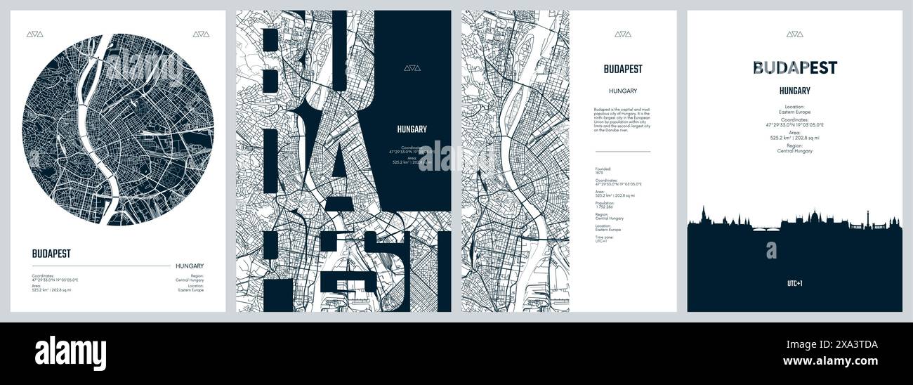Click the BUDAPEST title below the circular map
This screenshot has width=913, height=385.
(x=51, y=254)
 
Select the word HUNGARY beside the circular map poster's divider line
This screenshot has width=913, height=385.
(x=190, y=266)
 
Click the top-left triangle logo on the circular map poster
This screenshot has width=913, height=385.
(x=34, y=33)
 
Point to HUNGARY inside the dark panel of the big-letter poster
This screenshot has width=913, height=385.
(x=412, y=129)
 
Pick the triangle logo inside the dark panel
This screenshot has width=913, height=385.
(x=412, y=68)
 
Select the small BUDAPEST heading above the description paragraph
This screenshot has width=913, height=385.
(x=622, y=69)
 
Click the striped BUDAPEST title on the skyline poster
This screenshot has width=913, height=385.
(x=794, y=67)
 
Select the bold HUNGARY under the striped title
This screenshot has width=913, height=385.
(x=794, y=91)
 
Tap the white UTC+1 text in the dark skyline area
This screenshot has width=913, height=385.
(x=794, y=284)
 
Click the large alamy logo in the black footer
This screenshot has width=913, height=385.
(x=70, y=353)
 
